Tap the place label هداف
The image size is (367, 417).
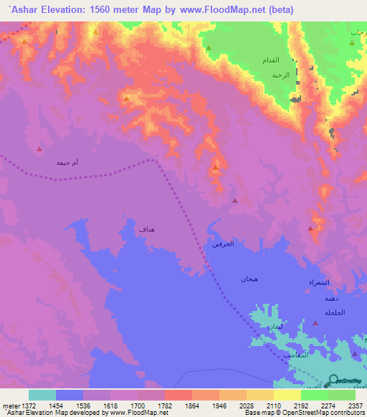pyautogui.click(x=146, y=229)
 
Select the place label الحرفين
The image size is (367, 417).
pyautogui.click(x=222, y=244)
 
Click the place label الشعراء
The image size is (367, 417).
pyautogui.click(x=320, y=283)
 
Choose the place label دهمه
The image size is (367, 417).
pyautogui.click(x=330, y=298)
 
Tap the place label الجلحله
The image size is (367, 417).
pyautogui.click(x=334, y=312)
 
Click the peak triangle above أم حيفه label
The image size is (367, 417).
pyautogui.click(x=39, y=150)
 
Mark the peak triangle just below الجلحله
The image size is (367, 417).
pyautogui.click(x=315, y=323)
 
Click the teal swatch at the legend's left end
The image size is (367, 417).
pyautogui.click(x=42, y=395)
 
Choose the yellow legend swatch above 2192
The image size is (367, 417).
pyautogui.click(x=287, y=395)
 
